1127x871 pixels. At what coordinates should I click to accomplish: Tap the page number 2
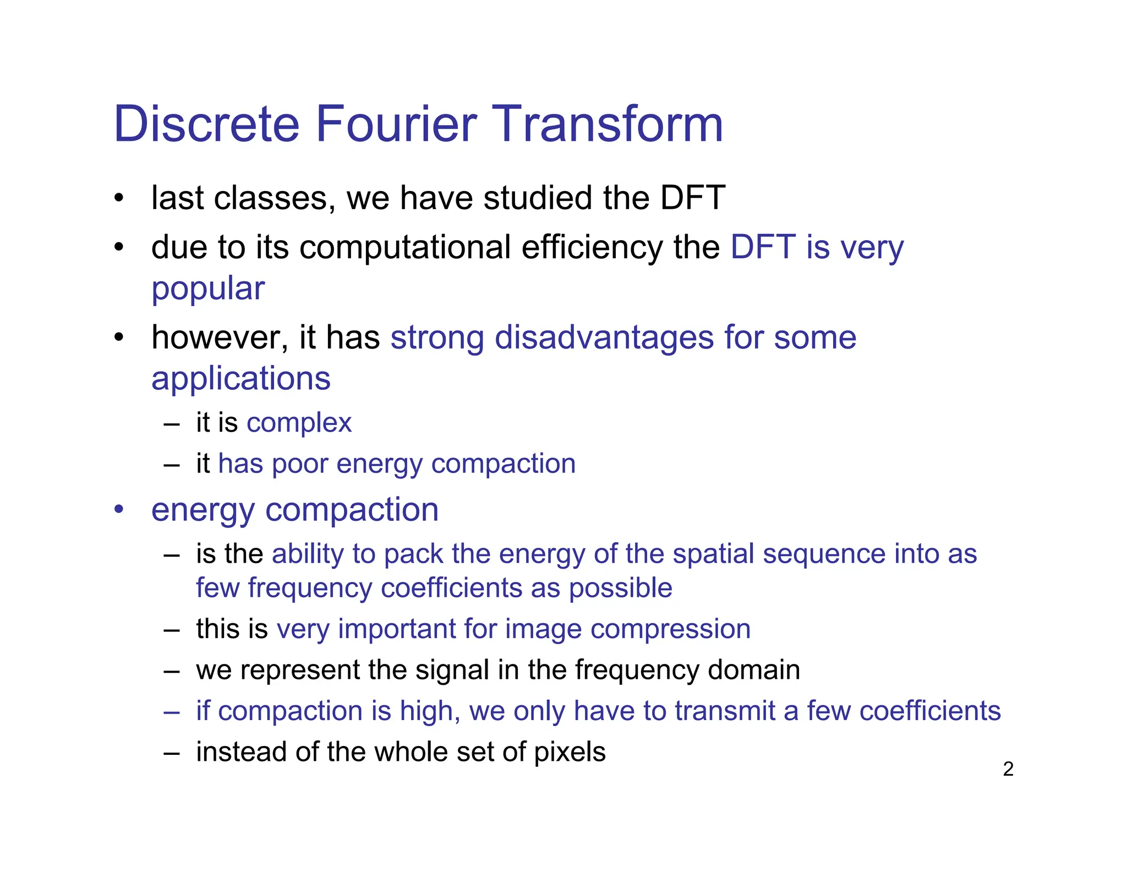pos(1008,769)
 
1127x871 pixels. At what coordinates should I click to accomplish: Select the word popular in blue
pos(208,290)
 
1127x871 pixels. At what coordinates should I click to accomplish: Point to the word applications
pos(240,379)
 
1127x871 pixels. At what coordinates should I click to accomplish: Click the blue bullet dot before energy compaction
pos(119,509)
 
